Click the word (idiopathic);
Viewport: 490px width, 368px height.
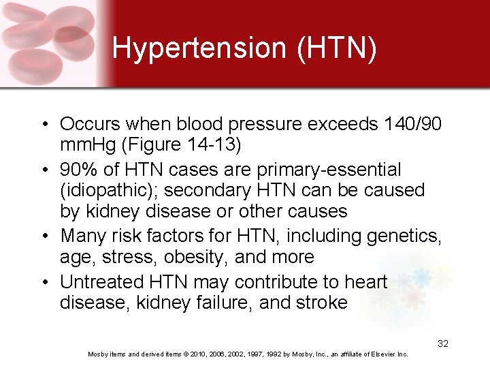pyautogui.click(x=104, y=190)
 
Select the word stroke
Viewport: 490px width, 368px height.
pyautogui.click(x=316, y=303)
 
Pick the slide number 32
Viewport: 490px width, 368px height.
pyautogui.click(x=442, y=344)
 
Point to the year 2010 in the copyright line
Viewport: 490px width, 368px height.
pyautogui.click(x=197, y=354)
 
